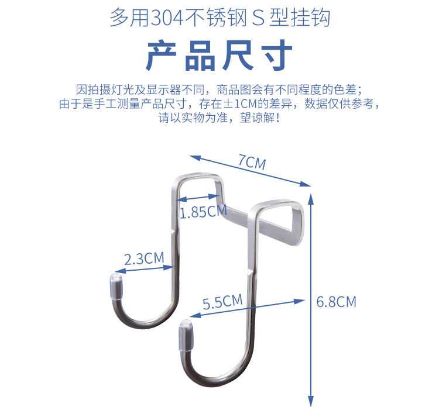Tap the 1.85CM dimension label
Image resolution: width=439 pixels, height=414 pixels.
[x=203, y=212]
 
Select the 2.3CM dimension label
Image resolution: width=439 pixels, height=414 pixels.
[x=143, y=258]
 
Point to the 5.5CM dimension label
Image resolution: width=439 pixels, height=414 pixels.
[x=222, y=302]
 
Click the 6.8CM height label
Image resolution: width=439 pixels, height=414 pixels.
[x=336, y=302]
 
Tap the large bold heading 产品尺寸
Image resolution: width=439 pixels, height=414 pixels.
[x=219, y=57]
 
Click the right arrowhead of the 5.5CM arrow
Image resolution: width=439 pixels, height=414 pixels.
[x=302, y=301]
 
